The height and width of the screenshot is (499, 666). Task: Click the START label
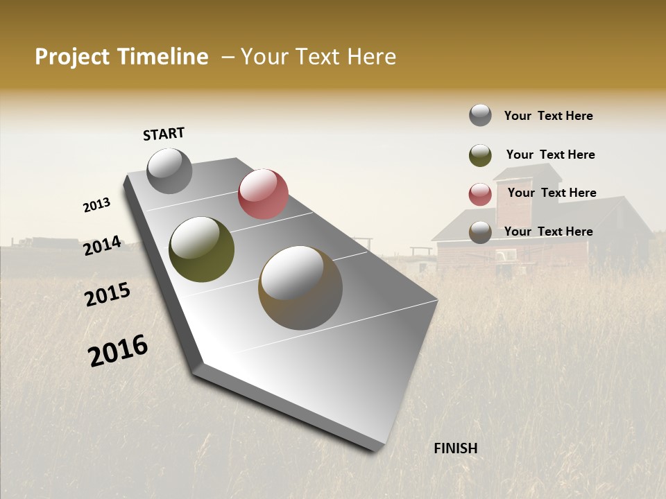tap(164, 134)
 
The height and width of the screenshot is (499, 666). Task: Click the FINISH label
tap(455, 448)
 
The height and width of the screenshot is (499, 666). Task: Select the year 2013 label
tap(96, 205)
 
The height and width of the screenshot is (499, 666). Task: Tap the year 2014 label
tap(102, 246)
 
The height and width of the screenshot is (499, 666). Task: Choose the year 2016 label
tap(118, 351)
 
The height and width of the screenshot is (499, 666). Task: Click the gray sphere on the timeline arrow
tap(169, 171)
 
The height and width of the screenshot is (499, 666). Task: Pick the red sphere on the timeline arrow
tap(263, 194)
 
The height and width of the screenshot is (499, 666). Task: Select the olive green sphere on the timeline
tap(201, 249)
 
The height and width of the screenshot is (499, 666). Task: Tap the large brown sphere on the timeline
tap(300, 288)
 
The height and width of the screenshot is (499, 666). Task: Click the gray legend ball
tap(480, 116)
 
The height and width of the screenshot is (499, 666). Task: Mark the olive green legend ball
tap(480, 155)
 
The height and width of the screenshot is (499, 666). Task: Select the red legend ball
tap(480, 194)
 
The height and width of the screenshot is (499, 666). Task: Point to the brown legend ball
tap(480, 232)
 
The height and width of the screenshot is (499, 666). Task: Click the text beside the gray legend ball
tap(548, 116)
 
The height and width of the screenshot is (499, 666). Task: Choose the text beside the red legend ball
tap(552, 193)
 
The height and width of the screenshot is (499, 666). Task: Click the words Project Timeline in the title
tap(121, 57)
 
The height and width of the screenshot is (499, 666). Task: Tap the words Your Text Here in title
tap(318, 57)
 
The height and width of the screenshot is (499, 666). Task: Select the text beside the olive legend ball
tap(550, 155)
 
